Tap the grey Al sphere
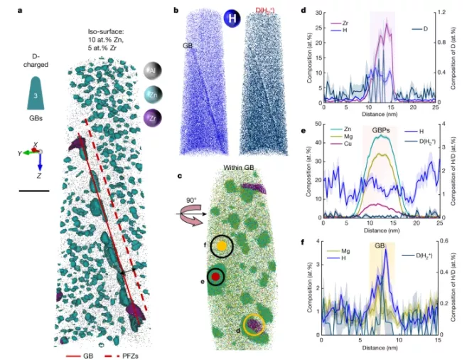pyautogui.click(x=151, y=69)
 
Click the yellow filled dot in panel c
pyautogui.click(x=222, y=245)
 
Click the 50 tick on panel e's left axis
pyautogui.click(x=318, y=125)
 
